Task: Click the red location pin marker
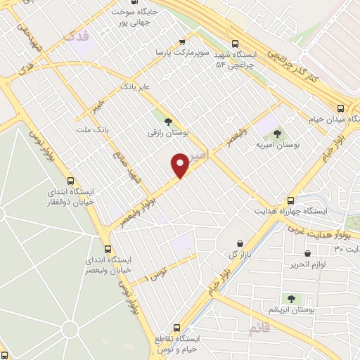pyautogui.click(x=179, y=165)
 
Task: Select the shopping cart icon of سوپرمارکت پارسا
pyautogui.click(x=183, y=41)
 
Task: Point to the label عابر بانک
pyautogui.click(x=136, y=86)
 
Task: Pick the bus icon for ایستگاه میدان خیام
pyautogui.click(x=340, y=108)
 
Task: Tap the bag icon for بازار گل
pyautogui.click(x=242, y=243)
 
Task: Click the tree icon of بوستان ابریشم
pyautogui.click(x=290, y=299)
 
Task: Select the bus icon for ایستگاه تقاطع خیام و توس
pyautogui.click(x=177, y=328)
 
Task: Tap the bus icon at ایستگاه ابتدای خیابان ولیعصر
pyautogui.click(x=108, y=248)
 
